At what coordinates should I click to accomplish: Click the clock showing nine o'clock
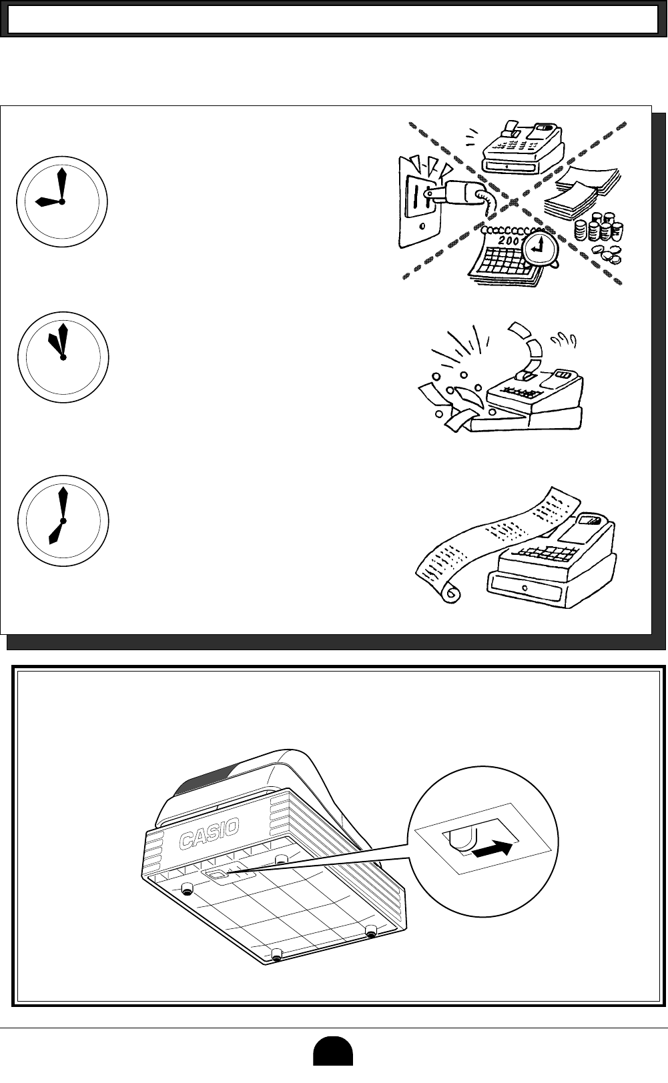tap(61, 201)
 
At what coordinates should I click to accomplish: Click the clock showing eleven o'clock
tap(62, 357)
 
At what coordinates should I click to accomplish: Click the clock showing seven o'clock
tap(62, 520)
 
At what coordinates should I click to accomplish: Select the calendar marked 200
tap(500, 257)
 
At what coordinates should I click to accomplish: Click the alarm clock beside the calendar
tap(541, 249)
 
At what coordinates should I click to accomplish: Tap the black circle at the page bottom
tap(333, 1063)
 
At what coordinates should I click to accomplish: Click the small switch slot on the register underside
tap(217, 875)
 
